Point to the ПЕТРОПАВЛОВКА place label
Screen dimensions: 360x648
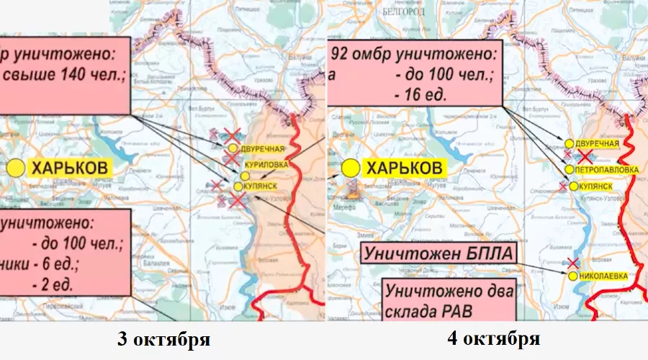pos(606,169)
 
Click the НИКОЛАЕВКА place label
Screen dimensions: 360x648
pos(602,276)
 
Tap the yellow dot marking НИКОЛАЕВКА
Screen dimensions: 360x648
pos(572,276)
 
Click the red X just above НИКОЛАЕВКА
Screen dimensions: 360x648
pos(572,264)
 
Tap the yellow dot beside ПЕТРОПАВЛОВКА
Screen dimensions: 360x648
pos(570,169)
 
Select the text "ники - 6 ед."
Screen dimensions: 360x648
pos(43,262)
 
